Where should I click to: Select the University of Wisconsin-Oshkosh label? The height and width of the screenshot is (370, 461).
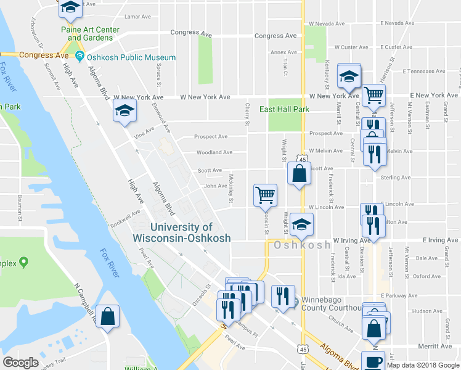click(x=182, y=232)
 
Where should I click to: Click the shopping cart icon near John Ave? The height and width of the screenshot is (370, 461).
click(x=265, y=195)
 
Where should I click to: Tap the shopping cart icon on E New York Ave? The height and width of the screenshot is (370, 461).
click(x=373, y=96)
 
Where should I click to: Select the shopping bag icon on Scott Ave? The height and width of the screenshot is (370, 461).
click(x=299, y=173)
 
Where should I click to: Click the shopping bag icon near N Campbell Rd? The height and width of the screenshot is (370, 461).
click(x=108, y=317)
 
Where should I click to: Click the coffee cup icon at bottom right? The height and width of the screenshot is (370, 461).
click(x=373, y=361)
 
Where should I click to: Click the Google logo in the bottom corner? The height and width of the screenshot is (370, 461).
click(x=20, y=363)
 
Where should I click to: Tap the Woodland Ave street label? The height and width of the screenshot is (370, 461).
click(x=214, y=152)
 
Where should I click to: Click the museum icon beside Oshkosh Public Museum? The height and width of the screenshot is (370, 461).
click(x=80, y=57)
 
